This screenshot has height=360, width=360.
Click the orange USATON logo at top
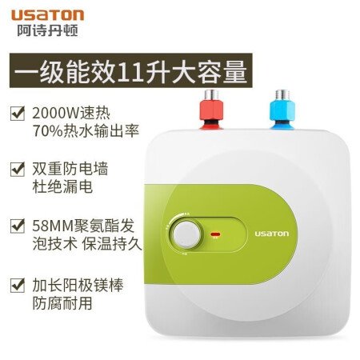[x=48, y=15]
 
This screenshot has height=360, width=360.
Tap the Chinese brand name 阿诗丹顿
[x=48, y=30]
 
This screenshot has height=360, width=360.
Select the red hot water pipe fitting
[x=211, y=110]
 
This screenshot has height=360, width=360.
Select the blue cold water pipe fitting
[x=282, y=110]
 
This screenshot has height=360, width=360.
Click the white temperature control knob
[x=186, y=234]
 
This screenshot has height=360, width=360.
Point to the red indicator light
[x=215, y=234]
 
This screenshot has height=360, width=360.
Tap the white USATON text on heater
[x=272, y=234]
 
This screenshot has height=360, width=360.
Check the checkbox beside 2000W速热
[x=18, y=113]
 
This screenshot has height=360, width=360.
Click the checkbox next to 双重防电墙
[x=18, y=169]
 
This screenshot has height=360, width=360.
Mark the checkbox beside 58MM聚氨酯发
[x=18, y=226]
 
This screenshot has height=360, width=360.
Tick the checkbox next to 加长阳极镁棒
[x=18, y=285]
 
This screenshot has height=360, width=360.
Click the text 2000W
[x=56, y=114]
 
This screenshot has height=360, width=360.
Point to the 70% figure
[x=47, y=130]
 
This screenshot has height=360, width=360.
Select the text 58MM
[x=53, y=226]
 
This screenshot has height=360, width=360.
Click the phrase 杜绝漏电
[x=62, y=186]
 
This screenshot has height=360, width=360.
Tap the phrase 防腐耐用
[x=62, y=303]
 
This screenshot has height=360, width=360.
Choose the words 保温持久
[x=112, y=244]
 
